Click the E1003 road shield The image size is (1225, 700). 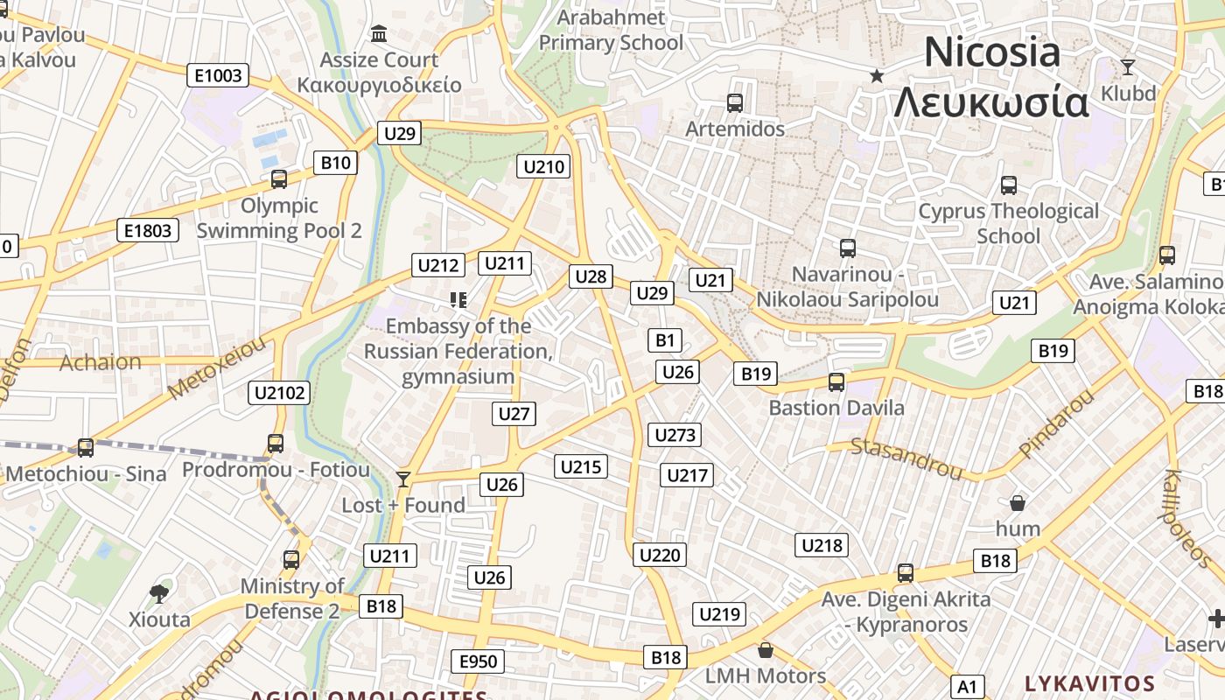point(218,76)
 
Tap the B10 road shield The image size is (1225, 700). point(336,162)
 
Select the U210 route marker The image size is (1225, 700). point(543,166)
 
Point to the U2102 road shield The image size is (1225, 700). point(280,393)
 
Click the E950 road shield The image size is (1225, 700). point(479,661)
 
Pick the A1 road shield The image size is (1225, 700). point(967,686)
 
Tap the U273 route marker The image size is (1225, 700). point(675,435)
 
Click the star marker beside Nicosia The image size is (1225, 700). point(877,76)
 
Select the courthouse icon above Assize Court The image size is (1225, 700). point(380,34)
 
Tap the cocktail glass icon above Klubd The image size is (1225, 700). point(1128,67)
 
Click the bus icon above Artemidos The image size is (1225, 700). point(735,103)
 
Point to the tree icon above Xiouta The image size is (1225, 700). point(159,594)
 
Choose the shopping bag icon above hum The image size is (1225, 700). point(1017,503)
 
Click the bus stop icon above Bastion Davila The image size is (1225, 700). point(836,382)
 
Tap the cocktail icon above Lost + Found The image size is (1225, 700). point(402,479)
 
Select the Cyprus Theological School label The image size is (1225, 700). point(1008,223)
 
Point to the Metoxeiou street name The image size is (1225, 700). point(216,368)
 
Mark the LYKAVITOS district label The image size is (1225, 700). point(1089,683)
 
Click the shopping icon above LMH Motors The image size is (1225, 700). point(766,650)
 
